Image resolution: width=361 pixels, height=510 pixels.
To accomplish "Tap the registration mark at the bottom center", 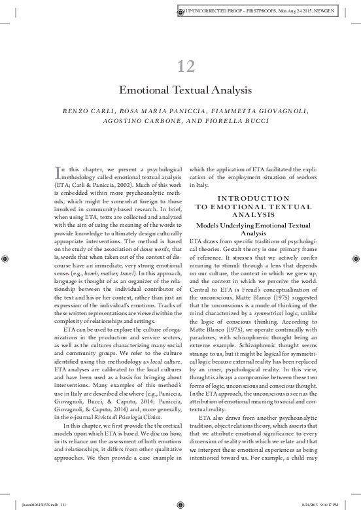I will [x=180, y=504].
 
